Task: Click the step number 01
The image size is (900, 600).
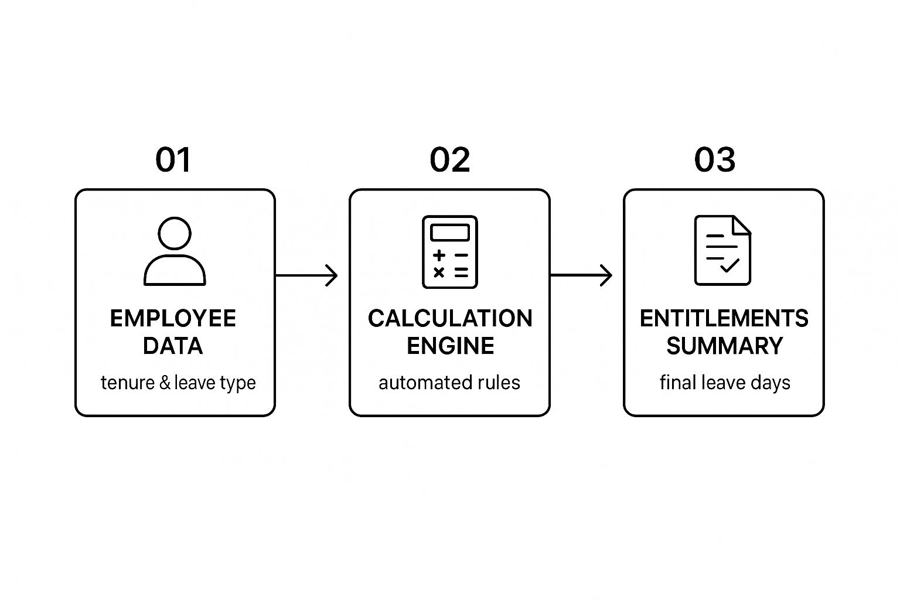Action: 173,159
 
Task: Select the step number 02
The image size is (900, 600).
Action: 449,159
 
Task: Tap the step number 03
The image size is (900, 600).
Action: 715,159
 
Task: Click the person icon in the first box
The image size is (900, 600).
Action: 175,251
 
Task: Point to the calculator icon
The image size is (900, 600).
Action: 449,252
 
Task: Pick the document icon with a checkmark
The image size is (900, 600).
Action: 722,250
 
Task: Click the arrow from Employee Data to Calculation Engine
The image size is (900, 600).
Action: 306,276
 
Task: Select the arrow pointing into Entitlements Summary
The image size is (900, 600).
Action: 581,275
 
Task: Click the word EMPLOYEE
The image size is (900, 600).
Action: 173,319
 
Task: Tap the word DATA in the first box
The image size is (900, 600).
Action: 173,346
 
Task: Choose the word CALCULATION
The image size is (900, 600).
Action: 450,319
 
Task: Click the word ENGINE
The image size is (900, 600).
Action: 450,346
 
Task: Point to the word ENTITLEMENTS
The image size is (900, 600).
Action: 724,319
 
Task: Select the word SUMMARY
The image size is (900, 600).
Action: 724,346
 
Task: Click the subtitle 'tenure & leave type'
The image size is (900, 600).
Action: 178,383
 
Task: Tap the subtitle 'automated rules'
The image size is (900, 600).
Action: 449,383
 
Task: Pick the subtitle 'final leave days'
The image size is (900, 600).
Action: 725,383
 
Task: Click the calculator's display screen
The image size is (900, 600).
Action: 449,233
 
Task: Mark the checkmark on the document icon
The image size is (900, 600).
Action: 729,265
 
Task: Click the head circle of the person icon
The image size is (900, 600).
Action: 175,233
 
